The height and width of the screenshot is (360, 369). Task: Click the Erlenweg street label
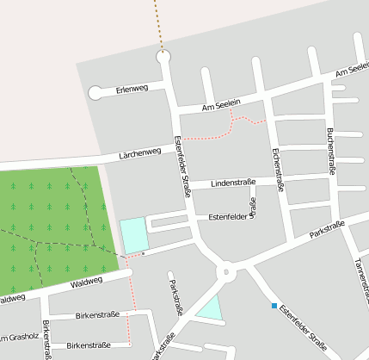coord(132,89)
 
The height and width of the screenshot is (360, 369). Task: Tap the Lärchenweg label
coord(140,154)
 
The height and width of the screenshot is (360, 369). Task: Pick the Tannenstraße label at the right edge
coord(360,276)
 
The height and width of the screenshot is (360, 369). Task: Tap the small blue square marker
coord(274,306)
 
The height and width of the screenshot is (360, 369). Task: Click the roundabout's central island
coord(227,273)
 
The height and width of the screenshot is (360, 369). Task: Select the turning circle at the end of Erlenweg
coord(95,93)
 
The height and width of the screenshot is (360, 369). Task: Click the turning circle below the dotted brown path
coord(163,57)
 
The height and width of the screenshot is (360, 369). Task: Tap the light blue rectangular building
coord(133,235)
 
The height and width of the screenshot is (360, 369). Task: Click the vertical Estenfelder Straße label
coord(181,167)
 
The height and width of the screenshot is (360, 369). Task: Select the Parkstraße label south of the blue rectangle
coord(175,298)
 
